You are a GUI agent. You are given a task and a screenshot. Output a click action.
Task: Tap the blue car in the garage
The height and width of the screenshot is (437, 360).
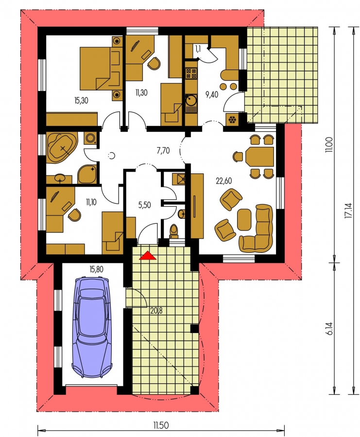(92, 327)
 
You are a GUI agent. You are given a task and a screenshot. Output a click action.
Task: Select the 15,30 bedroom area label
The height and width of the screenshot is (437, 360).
(81, 100)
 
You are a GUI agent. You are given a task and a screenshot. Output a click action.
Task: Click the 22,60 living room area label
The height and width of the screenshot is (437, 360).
(224, 181)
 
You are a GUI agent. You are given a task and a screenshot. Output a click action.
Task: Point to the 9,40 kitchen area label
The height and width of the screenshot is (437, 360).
(212, 95)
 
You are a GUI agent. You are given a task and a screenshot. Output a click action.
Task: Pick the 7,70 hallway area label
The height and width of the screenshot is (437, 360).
(163, 151)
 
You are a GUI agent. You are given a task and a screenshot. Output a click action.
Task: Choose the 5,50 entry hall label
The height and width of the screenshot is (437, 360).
(144, 205)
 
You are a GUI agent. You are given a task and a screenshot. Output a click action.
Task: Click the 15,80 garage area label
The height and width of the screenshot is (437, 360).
(96, 269)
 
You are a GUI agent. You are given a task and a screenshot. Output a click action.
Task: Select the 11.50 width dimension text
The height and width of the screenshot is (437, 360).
(161, 425)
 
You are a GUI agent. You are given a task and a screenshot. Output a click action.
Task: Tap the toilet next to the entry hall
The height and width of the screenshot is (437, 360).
(174, 231)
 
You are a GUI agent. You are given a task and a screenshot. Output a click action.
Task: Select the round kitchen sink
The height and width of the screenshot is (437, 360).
(191, 100)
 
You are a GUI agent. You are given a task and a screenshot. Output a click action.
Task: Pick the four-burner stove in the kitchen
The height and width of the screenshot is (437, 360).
(191, 73)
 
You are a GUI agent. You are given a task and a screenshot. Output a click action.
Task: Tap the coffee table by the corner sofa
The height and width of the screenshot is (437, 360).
(244, 219)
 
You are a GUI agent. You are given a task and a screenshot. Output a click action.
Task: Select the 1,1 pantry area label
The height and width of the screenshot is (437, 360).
(198, 50)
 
